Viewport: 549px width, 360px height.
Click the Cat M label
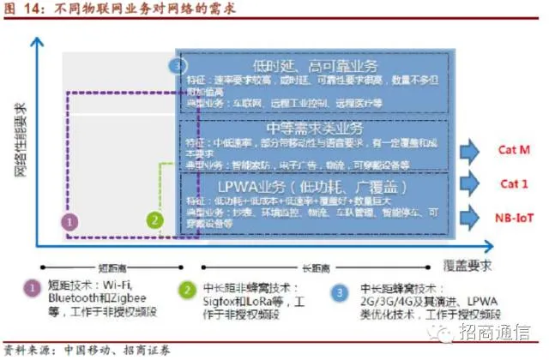pos(514,149)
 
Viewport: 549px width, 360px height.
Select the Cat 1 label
pos(514,183)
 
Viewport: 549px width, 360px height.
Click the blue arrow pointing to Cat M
pos(472,151)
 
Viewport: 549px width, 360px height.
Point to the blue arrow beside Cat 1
pos(472,183)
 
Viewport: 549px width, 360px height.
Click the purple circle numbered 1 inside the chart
pos(72,220)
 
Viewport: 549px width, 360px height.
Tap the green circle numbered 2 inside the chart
pos(154,219)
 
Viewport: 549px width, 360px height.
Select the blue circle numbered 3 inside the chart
pos(178,66)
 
